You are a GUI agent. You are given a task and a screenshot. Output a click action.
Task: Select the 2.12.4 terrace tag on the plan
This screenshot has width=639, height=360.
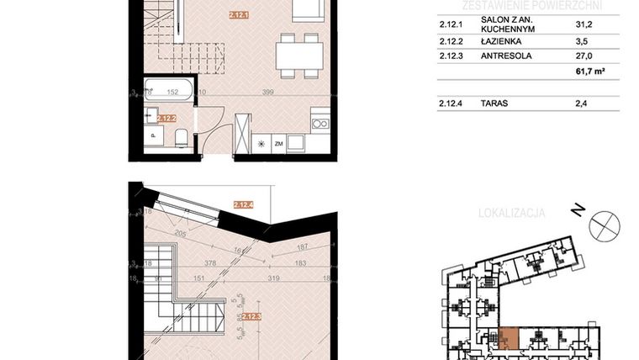(x=243, y=204)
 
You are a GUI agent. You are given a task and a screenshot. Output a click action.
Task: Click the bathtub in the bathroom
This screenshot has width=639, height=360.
(x=169, y=87)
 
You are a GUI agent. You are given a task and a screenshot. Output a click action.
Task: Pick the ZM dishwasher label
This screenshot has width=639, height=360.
(x=278, y=145)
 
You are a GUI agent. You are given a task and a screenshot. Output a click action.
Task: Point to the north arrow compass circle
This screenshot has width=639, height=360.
(x=605, y=225)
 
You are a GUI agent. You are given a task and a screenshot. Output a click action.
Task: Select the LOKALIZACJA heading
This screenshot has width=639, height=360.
(x=511, y=213)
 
